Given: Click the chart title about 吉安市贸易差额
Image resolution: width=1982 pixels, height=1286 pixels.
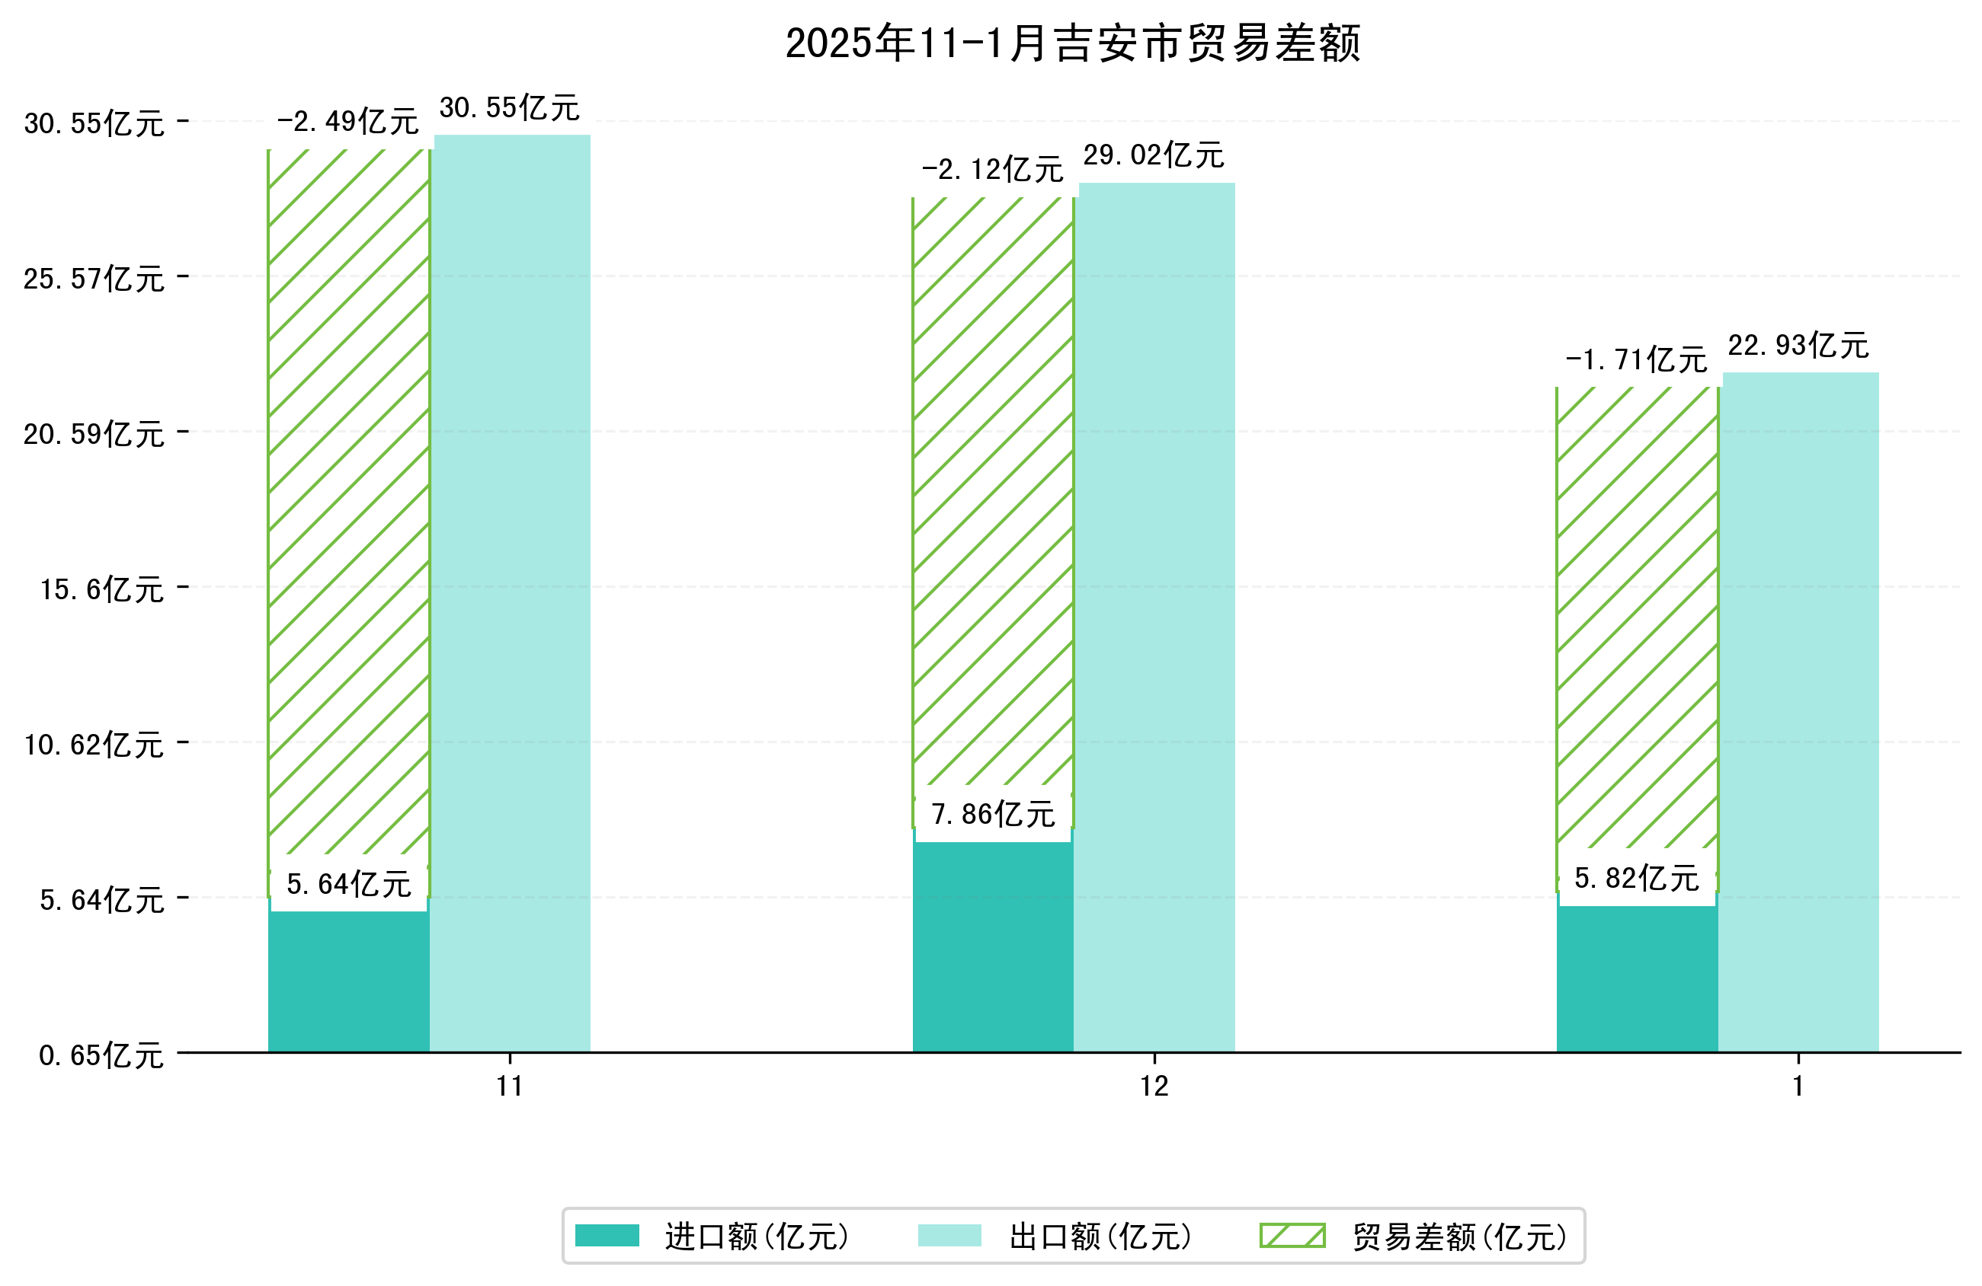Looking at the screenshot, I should (1073, 43).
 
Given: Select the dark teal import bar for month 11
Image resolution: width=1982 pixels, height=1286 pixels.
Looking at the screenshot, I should (348, 982).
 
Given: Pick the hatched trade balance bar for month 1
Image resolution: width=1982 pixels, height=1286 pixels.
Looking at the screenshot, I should (1636, 616).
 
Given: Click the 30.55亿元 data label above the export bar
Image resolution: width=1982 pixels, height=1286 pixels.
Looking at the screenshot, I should (510, 108).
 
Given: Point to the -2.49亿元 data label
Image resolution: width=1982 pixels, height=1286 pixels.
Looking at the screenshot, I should (347, 123).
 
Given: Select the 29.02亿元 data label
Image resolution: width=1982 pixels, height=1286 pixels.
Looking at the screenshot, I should (1154, 155).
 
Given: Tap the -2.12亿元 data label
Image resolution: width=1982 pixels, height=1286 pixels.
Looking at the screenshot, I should (992, 170).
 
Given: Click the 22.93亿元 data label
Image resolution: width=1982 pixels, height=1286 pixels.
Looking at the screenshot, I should (1798, 346).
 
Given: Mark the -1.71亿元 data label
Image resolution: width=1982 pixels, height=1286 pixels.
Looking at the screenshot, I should (1636, 359).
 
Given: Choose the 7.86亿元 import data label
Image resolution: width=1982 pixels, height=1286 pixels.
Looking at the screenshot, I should (993, 814).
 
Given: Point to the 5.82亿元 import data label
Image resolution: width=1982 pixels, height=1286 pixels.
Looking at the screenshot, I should (1636, 879).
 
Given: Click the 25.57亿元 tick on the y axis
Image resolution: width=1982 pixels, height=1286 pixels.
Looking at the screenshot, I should (93, 279).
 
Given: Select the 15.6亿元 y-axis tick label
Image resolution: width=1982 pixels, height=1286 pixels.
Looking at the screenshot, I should (101, 589).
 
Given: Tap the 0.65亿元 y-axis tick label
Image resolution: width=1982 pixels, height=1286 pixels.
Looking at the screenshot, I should (101, 1055).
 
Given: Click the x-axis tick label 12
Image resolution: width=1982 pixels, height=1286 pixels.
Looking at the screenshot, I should (1154, 1087).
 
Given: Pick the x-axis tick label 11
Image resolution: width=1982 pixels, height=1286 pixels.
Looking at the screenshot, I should (510, 1087).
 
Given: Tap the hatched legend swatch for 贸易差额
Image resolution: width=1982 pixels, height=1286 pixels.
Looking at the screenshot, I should (1292, 1235).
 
